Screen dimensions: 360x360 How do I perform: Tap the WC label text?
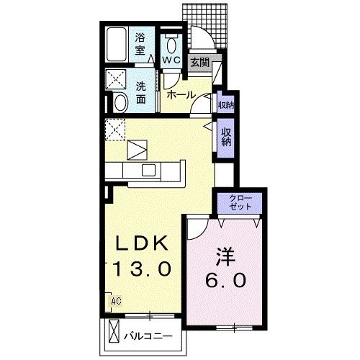(x=171, y=60)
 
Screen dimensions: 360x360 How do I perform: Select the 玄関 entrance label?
(x=199, y=63)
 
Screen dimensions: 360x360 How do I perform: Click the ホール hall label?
(x=180, y=94)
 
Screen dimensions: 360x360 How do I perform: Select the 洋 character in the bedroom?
(x=224, y=256)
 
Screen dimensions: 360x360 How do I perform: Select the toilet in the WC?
(x=171, y=41)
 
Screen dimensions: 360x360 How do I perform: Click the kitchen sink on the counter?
(x=148, y=170)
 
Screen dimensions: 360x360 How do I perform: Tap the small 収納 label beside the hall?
(x=225, y=105)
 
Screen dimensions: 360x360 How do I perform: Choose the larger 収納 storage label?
(x=226, y=137)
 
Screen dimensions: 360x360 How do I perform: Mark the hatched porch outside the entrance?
(x=210, y=22)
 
